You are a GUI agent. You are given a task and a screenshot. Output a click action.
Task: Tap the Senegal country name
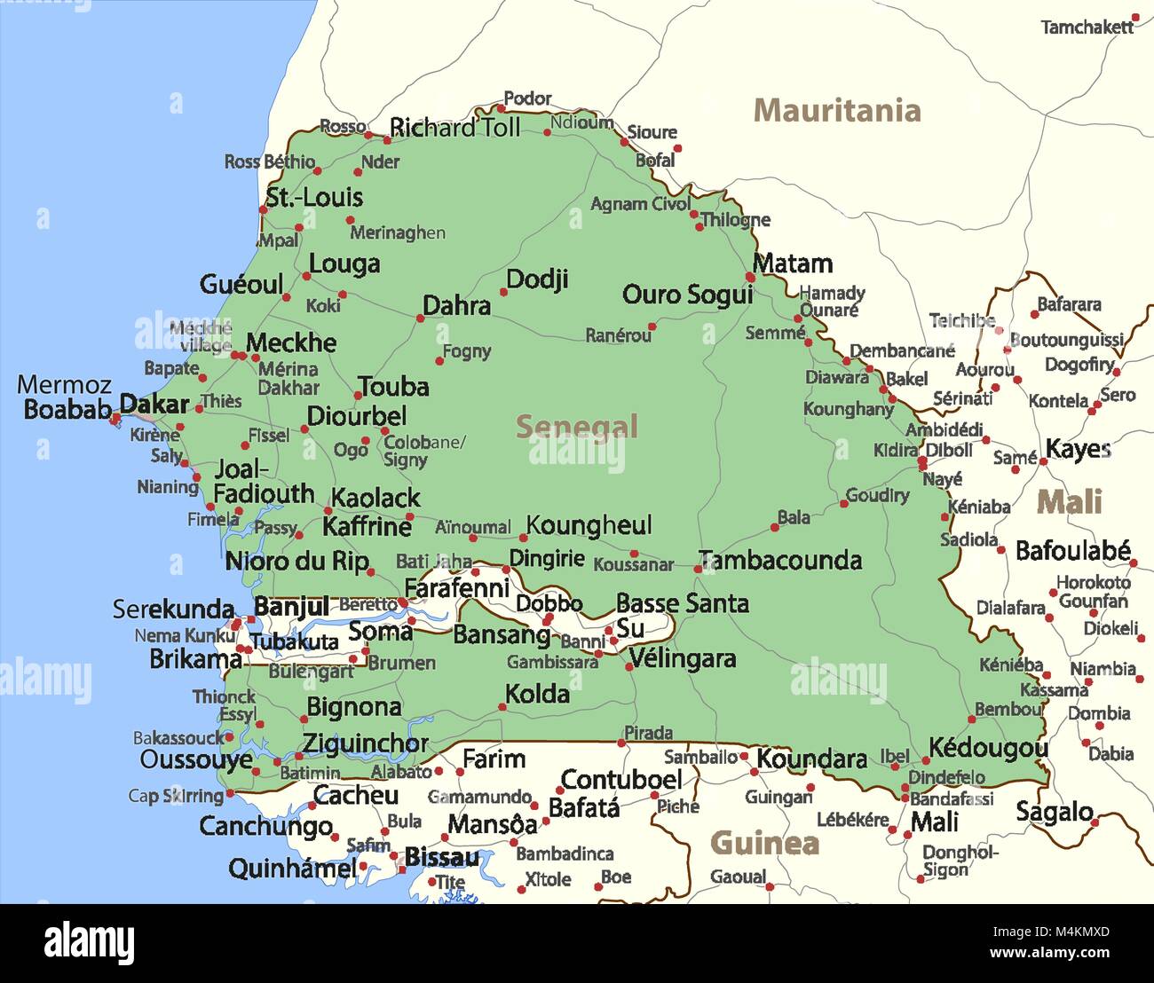pyautogui.click(x=577, y=427)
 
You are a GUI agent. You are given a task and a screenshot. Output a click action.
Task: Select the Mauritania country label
pyautogui.click(x=836, y=111)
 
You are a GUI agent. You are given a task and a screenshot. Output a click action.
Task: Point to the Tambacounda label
pyautogui.click(x=780, y=560)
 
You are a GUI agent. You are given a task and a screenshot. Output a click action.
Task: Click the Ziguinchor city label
pyautogui.click(x=365, y=743)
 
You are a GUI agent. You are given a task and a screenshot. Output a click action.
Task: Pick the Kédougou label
pyautogui.click(x=988, y=748)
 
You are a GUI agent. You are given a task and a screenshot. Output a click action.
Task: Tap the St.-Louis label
pyautogui.click(x=314, y=197)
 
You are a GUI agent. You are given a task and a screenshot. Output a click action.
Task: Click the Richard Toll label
pyautogui.click(x=454, y=128)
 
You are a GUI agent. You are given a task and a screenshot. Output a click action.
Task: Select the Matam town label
pyautogui.click(x=793, y=263)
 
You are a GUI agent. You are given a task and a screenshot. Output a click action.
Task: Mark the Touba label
pyautogui.click(x=393, y=387)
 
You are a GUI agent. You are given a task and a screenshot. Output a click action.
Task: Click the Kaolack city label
pyautogui.click(x=375, y=498)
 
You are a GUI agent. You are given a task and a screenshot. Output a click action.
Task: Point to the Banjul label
pyautogui.click(x=291, y=606)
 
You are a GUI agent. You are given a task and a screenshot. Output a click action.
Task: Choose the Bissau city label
pyautogui.click(x=441, y=858)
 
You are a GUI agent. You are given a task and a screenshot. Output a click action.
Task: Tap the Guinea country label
pyautogui.click(x=764, y=843)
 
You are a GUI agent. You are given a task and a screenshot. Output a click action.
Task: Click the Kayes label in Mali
pyautogui.click(x=1078, y=449)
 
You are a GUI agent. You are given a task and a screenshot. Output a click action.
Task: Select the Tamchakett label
pyautogui.click(x=1087, y=28)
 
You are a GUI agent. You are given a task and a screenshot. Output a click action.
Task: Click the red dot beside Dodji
pyautogui.click(x=503, y=292)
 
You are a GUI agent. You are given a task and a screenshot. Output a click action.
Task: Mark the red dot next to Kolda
pyautogui.click(x=502, y=707)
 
